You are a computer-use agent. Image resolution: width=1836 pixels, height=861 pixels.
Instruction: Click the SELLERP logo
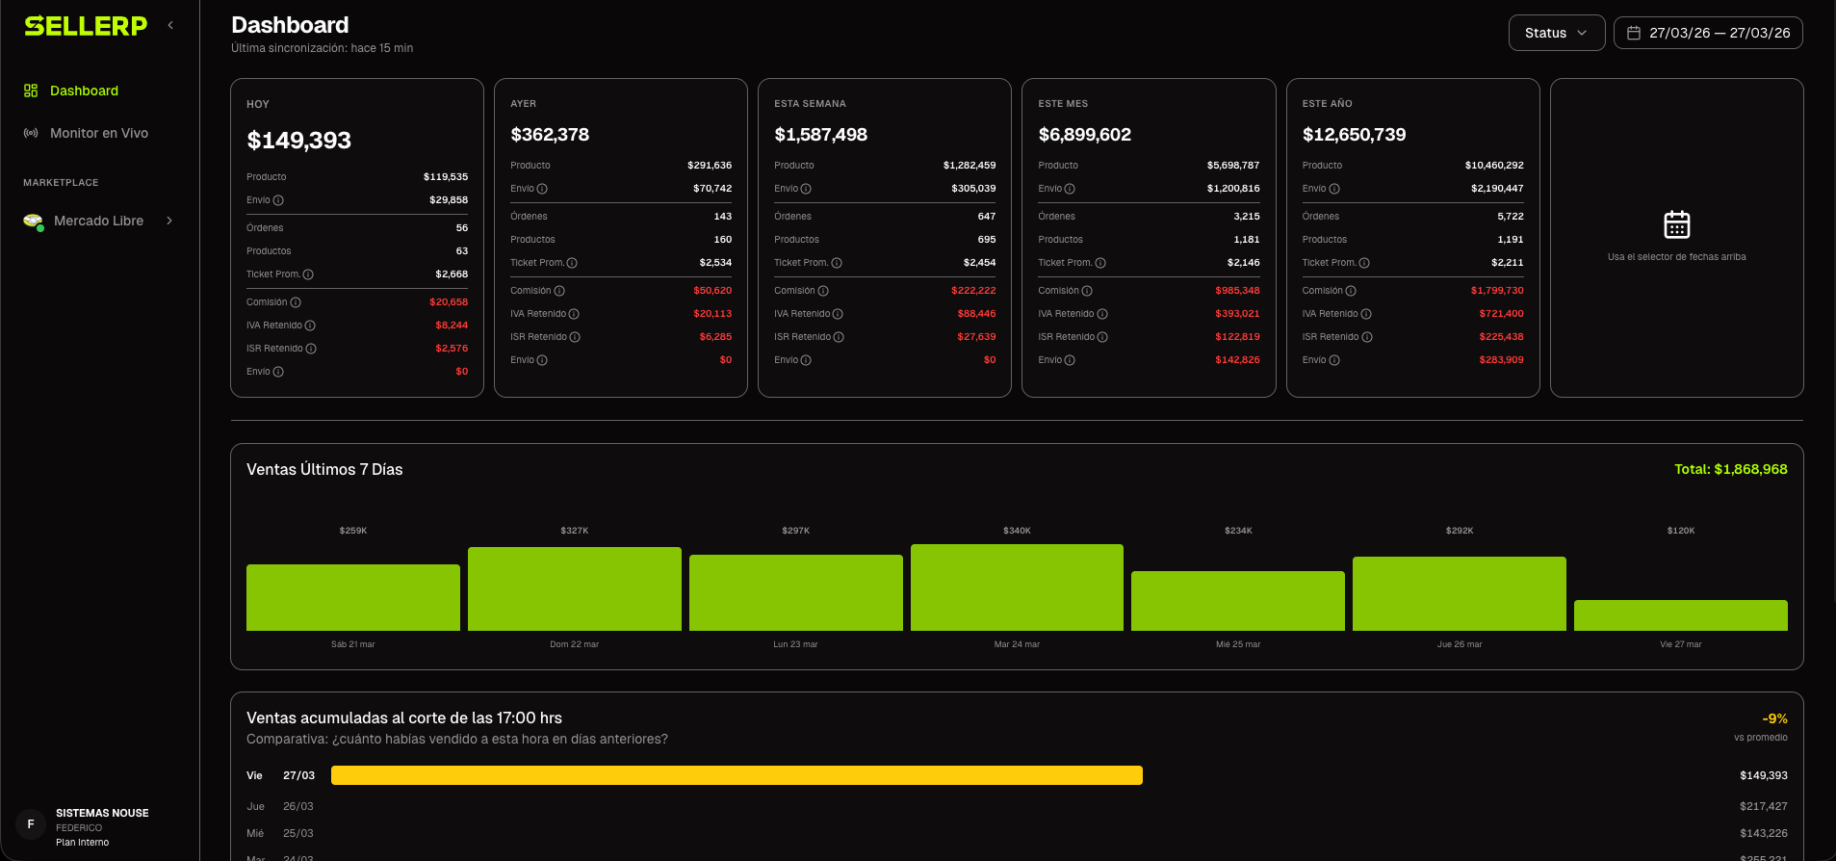pos(86,26)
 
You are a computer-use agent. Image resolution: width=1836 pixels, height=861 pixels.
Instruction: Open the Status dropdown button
pos(1556,33)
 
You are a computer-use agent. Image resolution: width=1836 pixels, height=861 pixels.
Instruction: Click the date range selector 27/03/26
pos(1708,33)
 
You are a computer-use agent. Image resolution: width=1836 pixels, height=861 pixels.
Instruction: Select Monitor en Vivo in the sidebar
pos(98,133)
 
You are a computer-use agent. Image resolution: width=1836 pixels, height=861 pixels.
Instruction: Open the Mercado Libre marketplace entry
pos(98,221)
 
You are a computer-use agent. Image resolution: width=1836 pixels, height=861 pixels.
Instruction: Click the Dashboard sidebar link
pos(84,91)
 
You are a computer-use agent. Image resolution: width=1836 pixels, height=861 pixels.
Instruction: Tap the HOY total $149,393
pos(298,141)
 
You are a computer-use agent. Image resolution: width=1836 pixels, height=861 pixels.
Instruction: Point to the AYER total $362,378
pos(550,135)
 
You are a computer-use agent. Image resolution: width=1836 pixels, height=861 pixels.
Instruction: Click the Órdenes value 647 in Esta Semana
pos(986,217)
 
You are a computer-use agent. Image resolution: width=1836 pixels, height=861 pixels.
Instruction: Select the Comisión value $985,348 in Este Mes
pos(1237,291)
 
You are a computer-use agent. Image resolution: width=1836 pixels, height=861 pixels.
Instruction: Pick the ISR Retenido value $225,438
pos(1501,337)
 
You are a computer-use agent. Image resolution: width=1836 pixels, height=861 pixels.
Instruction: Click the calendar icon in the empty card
pos(1676,224)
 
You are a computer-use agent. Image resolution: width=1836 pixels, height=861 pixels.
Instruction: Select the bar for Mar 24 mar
pos(1017,587)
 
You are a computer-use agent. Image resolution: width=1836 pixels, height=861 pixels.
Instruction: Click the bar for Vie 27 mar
pos(1680,615)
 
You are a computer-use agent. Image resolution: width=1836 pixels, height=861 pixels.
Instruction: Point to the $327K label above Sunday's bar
pos(575,531)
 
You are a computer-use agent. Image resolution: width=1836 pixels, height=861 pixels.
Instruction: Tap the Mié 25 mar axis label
pos(1238,644)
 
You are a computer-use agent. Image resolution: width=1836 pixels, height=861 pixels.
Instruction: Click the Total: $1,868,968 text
pos(1730,469)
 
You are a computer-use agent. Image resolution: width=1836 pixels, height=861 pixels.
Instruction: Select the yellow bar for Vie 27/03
pos(737,775)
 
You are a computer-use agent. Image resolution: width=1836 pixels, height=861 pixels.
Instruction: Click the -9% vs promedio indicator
pos(1773,719)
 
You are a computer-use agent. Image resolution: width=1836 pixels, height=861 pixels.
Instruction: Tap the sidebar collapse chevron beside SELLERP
pos(170,25)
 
